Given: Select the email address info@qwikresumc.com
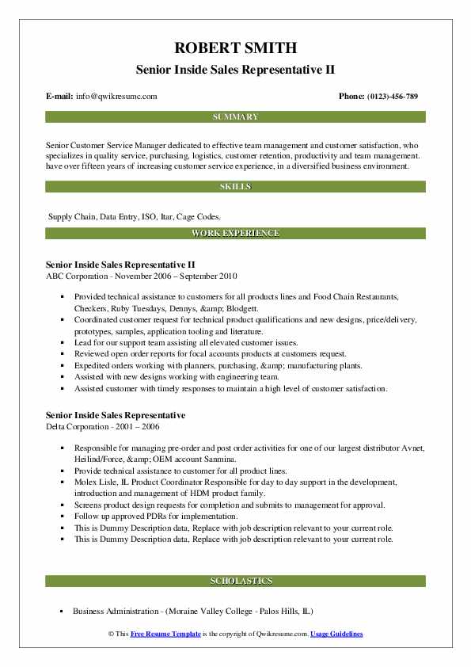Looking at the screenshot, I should pyautogui.click(x=117, y=96).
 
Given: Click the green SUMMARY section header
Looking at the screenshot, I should pyautogui.click(x=235, y=117).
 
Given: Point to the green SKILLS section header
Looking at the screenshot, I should pyautogui.click(x=235, y=187).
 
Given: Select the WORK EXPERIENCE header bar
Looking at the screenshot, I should pyautogui.click(x=235, y=234).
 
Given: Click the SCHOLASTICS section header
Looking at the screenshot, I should pyautogui.click(x=235, y=581).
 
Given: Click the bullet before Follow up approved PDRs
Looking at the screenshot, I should pyautogui.click(x=63, y=516).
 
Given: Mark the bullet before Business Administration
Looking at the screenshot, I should pyautogui.click(x=63, y=612).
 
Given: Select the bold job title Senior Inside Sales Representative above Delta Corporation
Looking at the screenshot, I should pyautogui.click(x=116, y=415).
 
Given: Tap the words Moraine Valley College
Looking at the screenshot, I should pyautogui.click(x=209, y=612).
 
